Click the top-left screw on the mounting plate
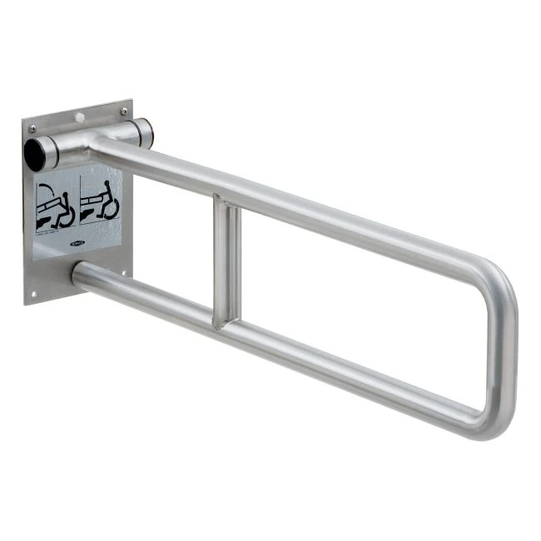tap(32, 129)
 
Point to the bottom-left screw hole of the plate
tap(34, 292)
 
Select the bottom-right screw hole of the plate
tap(123, 270)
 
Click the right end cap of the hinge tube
tap(143, 132)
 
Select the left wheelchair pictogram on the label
tap(55, 206)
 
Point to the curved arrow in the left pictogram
tap(67, 215)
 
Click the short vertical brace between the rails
tap(226, 260)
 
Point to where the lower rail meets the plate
tap(78, 273)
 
